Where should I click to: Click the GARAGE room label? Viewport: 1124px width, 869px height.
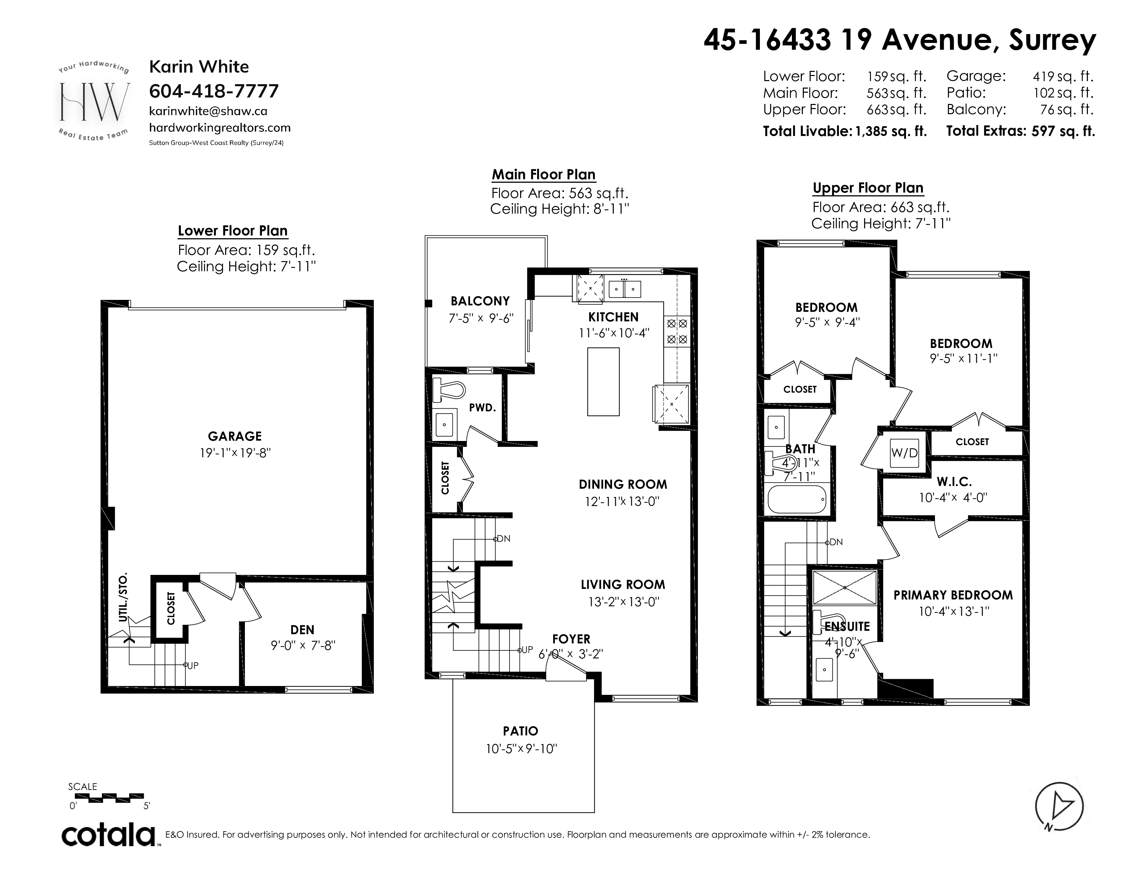(235, 436)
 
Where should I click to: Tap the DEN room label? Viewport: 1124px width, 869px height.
(302, 630)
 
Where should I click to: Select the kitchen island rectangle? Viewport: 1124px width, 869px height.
(603, 381)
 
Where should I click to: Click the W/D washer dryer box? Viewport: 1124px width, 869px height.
(904, 453)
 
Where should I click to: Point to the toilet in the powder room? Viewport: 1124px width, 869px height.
(446, 390)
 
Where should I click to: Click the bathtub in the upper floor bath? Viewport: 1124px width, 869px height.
(797, 499)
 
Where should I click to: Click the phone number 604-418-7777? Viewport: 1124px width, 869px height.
(214, 91)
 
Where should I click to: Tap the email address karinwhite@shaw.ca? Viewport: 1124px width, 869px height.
(208, 111)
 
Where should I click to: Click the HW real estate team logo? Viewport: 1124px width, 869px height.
(94, 102)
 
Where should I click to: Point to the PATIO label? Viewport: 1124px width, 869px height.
(520, 731)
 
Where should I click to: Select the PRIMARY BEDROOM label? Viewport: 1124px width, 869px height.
(953, 595)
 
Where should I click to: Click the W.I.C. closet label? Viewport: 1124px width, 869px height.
(954, 482)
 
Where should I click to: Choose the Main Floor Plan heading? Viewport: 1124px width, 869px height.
(544, 174)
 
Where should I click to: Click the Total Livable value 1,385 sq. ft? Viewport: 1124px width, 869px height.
(891, 131)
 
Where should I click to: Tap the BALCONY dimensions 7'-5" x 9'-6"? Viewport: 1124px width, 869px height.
(481, 319)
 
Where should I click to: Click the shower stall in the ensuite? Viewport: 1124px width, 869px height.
(845, 587)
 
